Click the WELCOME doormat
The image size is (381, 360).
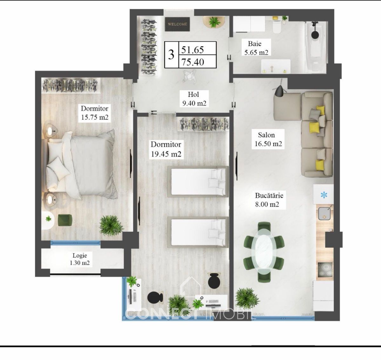point(177,24)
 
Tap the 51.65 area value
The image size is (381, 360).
point(192,50)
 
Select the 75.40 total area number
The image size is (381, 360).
point(193,62)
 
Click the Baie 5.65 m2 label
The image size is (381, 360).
point(256,48)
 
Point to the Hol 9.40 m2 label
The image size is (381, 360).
point(194,99)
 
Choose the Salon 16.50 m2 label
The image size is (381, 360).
point(268,139)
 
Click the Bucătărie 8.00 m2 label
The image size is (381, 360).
point(269,200)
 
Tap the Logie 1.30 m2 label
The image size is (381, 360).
point(80,259)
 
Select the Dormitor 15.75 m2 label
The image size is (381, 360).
point(95,113)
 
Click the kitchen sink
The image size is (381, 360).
point(324,214)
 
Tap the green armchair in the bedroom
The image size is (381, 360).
point(65,220)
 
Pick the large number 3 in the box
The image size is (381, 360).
point(171,55)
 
